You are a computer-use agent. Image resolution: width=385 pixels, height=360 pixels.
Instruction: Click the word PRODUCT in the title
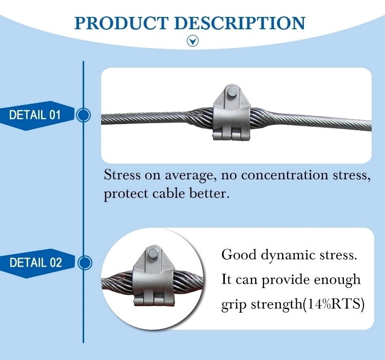point(121,23)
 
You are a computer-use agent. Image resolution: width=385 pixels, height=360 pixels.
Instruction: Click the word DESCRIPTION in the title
point(239,23)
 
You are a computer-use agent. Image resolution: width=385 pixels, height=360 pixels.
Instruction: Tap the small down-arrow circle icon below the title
point(192,41)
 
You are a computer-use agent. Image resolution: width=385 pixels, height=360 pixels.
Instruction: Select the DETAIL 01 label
point(35,115)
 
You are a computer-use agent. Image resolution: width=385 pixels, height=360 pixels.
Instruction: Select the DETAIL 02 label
point(35,263)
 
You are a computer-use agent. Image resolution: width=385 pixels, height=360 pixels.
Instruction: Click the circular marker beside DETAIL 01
point(83,115)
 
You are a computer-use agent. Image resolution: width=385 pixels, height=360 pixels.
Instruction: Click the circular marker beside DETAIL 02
point(83,263)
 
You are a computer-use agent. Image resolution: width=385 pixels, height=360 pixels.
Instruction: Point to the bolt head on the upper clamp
point(233,93)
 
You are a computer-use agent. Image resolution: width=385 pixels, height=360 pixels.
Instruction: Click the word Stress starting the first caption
point(122,175)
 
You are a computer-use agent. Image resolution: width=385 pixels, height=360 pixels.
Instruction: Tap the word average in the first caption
point(188,176)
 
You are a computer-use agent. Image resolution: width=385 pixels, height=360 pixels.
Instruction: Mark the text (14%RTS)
point(335,305)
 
